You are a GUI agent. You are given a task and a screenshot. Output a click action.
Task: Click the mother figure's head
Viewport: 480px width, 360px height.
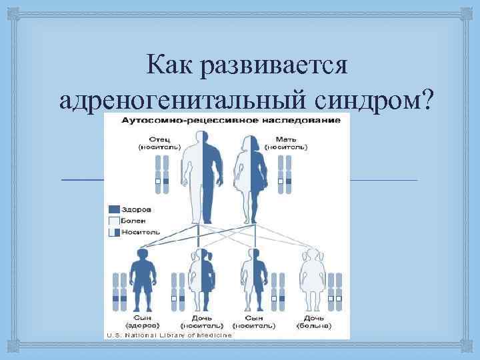tap(251, 141)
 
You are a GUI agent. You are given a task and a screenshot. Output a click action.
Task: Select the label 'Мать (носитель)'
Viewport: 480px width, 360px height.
tap(286, 141)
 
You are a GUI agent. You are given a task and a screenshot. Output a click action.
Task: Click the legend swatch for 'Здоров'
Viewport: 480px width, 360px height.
tap(113, 209)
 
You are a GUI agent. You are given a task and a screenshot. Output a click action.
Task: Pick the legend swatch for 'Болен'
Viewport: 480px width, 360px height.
tap(113, 219)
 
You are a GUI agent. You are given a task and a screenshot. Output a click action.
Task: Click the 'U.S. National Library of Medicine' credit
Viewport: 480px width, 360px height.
tap(168, 335)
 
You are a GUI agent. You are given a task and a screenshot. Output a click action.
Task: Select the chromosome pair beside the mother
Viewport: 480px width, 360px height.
tap(285, 173)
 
